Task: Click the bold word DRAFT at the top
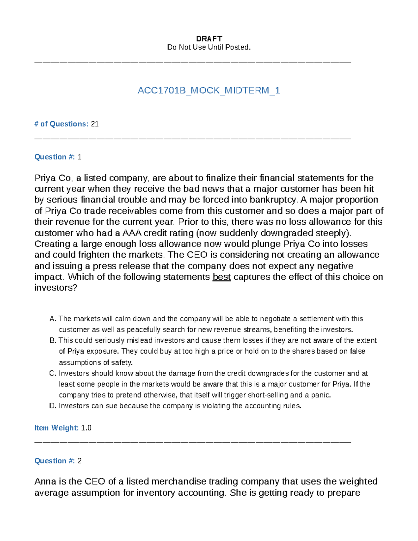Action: click(x=209, y=39)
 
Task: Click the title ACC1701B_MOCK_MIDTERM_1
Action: click(x=209, y=91)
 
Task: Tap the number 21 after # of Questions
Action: click(x=95, y=124)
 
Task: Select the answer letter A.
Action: click(x=53, y=319)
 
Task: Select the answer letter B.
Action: click(x=53, y=340)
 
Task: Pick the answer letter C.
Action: click(x=53, y=373)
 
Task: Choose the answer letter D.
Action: click(x=53, y=406)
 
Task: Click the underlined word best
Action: click(x=222, y=277)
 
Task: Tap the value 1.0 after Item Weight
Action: click(x=86, y=428)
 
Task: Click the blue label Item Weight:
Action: click(x=56, y=428)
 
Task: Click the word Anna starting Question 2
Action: click(x=45, y=481)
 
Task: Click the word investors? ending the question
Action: click(x=56, y=288)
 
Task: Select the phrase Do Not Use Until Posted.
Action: click(x=209, y=47)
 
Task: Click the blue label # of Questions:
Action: click(x=61, y=124)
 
